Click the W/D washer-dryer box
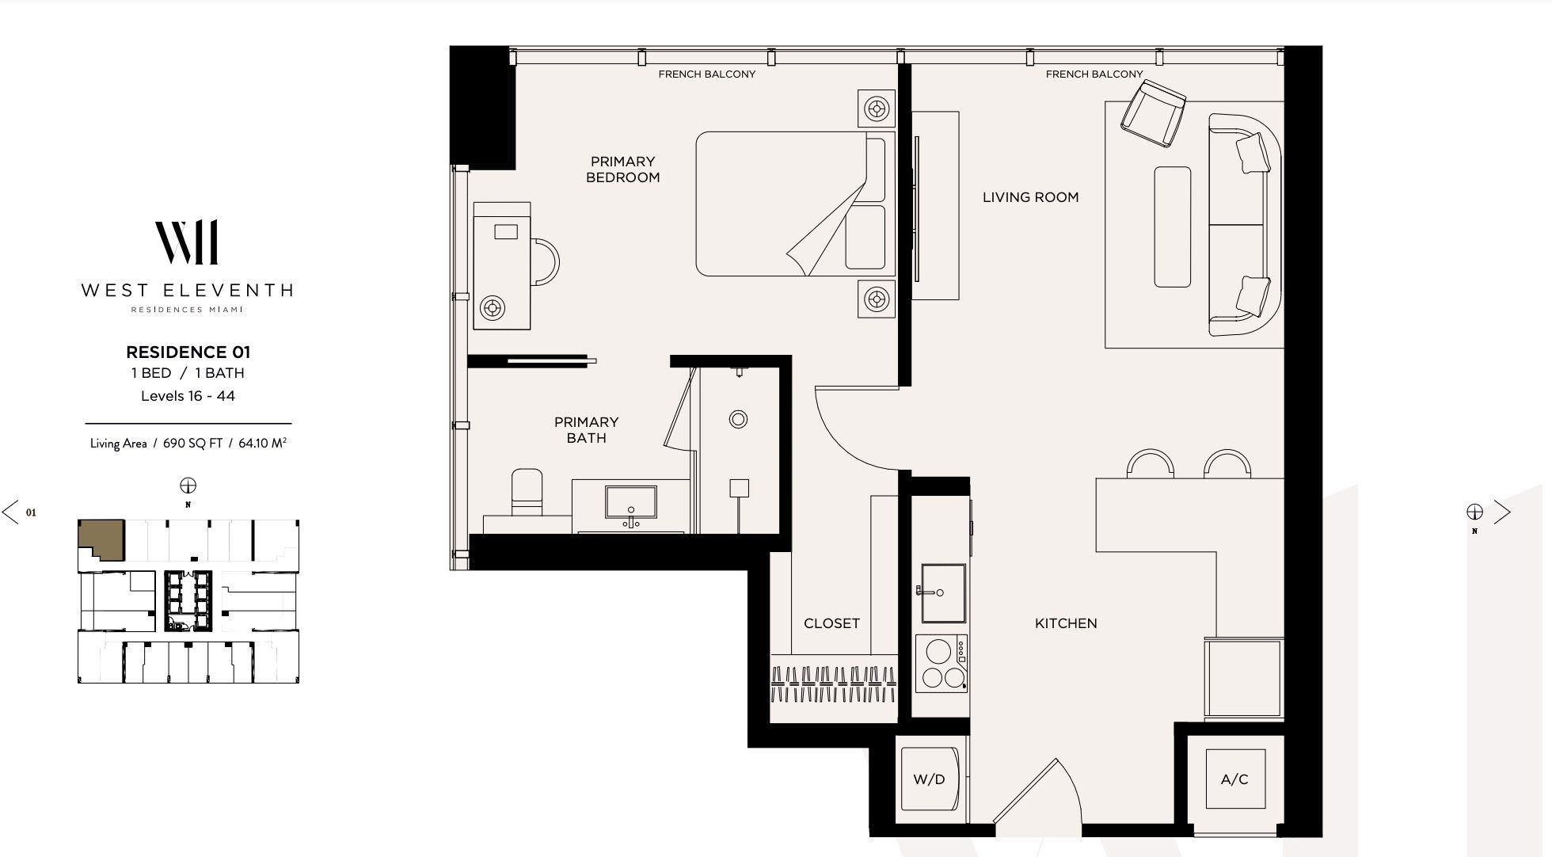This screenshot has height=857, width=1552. pos(929,779)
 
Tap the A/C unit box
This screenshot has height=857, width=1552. pos(1234,779)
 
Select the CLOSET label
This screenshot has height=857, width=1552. pos(831,623)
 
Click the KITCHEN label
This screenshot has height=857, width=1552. pos(1066,623)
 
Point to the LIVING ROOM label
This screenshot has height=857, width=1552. pos(1030,197)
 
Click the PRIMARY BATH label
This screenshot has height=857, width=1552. pos(586,429)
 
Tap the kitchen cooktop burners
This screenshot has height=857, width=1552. pos(941,664)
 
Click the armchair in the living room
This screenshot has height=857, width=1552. pos(1153,116)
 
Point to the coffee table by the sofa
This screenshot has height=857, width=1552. pos(1172,227)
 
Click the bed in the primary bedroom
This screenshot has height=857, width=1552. pos(792,204)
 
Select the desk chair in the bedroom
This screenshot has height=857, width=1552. pos(546,262)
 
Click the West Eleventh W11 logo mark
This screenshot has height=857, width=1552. pos(187,242)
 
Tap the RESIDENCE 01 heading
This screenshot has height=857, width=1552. pos(188,352)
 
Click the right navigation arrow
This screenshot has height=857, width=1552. pos(1501,512)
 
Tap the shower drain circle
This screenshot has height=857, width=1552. pos(738,419)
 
